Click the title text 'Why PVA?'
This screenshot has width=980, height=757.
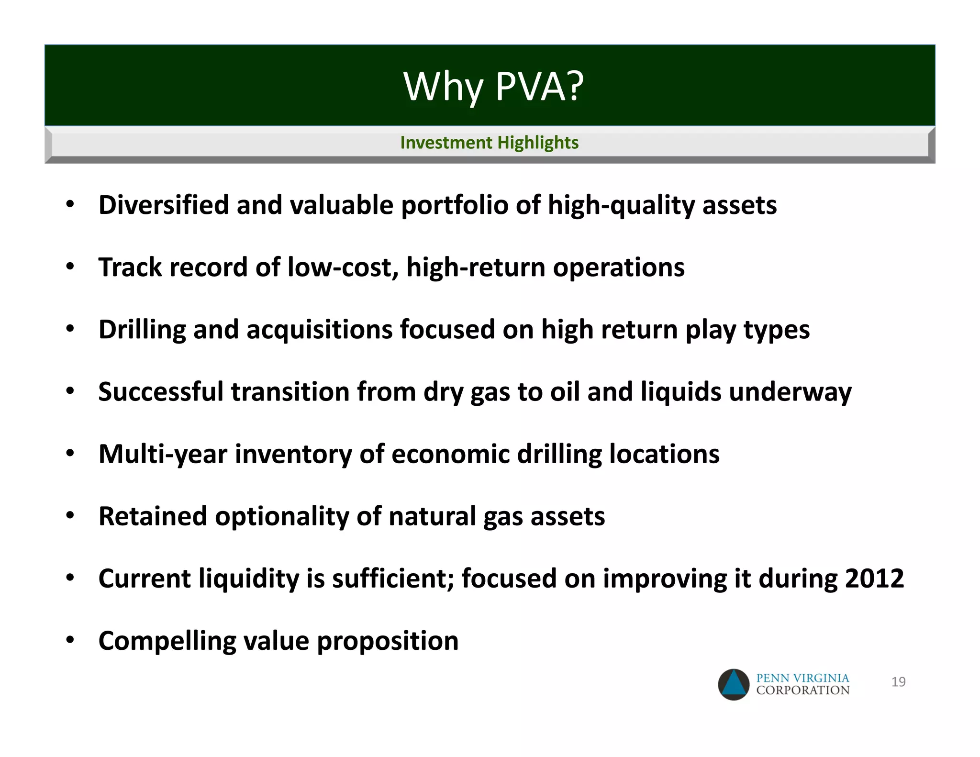pyautogui.click(x=493, y=87)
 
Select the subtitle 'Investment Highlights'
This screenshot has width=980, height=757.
pyautogui.click(x=489, y=143)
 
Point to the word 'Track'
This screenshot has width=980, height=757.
pyautogui.click(x=130, y=267)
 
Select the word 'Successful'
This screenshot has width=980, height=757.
pyautogui.click(x=161, y=392)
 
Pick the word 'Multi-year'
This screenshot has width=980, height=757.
pyautogui.click(x=163, y=454)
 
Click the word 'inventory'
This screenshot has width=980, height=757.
pyautogui.click(x=293, y=454)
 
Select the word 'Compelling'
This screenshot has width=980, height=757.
pyautogui.click(x=167, y=641)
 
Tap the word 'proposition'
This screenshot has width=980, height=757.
pyautogui.click(x=388, y=641)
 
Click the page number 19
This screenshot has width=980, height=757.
pyautogui.click(x=898, y=682)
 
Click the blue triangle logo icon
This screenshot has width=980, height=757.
pyautogui.click(x=734, y=684)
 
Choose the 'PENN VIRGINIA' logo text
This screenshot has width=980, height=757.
pyautogui.click(x=802, y=678)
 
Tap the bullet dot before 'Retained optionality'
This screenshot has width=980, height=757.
pyautogui.click(x=70, y=516)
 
